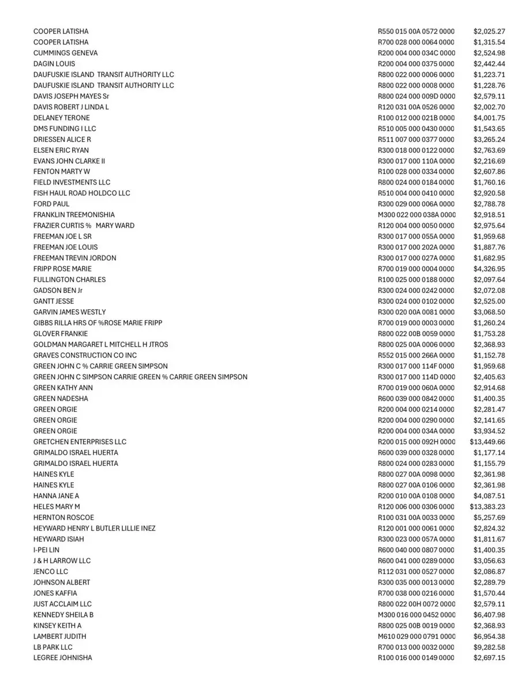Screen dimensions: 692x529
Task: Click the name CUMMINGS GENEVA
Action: click(65, 53)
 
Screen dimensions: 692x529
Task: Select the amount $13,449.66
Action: click(487, 442)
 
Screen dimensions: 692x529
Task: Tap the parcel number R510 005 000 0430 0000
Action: click(416, 129)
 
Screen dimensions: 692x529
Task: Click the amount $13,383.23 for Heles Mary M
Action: click(487, 507)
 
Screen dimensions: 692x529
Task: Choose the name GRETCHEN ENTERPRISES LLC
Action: click(80, 442)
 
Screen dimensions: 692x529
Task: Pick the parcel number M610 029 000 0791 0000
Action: click(416, 636)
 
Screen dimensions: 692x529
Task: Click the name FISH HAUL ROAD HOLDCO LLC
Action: click(82, 193)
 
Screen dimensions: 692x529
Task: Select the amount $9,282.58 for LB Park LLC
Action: click(489, 647)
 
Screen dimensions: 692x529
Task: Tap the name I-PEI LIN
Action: click(46, 550)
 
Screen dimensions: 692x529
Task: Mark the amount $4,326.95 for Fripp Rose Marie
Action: click(489, 269)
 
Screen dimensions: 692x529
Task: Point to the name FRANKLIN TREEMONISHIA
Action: click(74, 215)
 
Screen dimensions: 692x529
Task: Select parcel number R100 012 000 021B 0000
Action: click(416, 118)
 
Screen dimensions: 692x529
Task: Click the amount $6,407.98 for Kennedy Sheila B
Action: click(489, 615)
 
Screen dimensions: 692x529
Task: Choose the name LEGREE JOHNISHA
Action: click(62, 658)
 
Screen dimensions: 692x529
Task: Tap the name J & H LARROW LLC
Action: click(62, 561)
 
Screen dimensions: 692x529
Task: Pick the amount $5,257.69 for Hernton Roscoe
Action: click(489, 517)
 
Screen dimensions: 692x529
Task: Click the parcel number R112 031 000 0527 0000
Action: click(416, 571)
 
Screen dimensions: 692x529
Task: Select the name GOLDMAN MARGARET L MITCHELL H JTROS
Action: click(101, 344)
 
